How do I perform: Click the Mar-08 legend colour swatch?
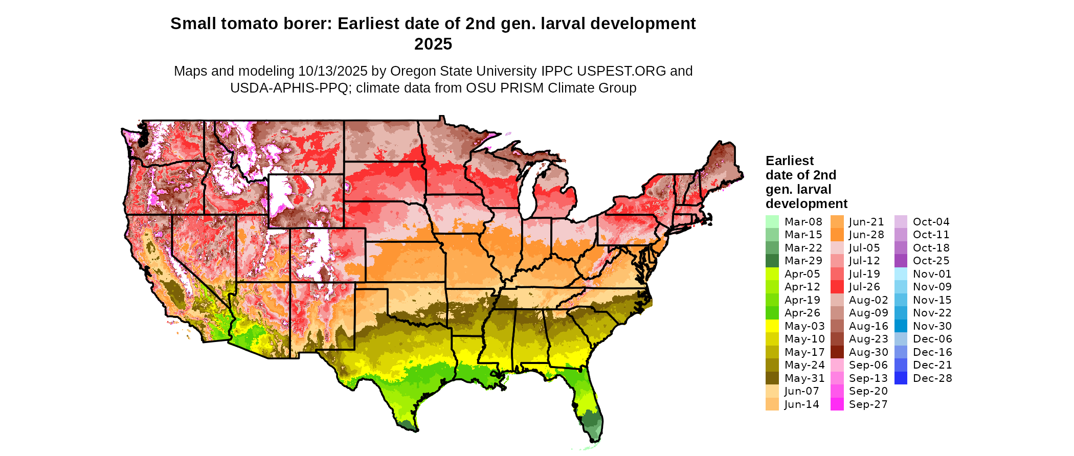pyautogui.click(x=772, y=222)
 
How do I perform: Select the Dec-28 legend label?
pyautogui.click(x=932, y=378)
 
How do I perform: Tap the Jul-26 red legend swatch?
pyautogui.click(x=837, y=287)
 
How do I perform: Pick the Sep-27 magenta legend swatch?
pyautogui.click(x=837, y=404)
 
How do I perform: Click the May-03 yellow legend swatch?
pyautogui.click(x=772, y=326)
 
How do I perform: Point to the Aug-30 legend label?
pyautogui.click(x=868, y=352)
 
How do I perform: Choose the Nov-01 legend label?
pyautogui.click(x=932, y=274)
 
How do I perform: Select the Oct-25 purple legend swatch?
pyautogui.click(x=901, y=261)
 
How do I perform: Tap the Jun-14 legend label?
pyautogui.click(x=801, y=404)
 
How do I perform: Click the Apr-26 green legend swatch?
pyautogui.click(x=772, y=313)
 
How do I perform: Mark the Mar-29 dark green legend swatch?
pyautogui.click(x=772, y=261)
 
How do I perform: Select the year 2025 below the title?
pyautogui.click(x=433, y=44)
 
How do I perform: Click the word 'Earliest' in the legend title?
pyautogui.click(x=789, y=161)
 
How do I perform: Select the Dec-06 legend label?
pyautogui.click(x=932, y=339)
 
